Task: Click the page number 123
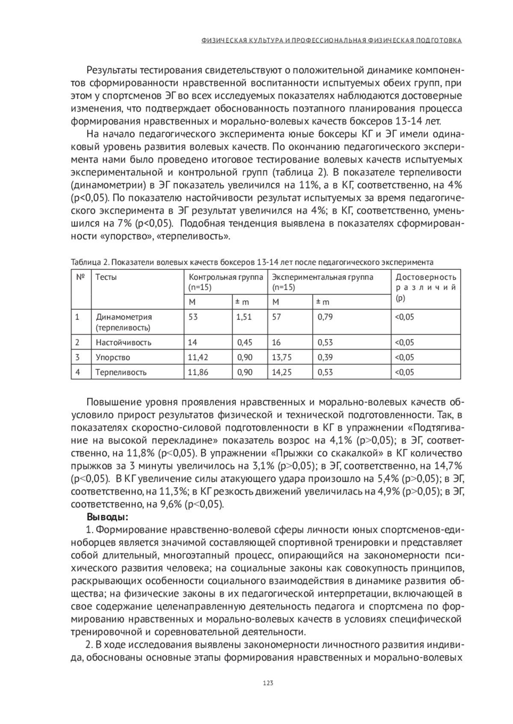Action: click(x=268, y=683)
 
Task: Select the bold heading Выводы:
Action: click(x=107, y=517)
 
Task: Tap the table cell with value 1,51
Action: click(x=245, y=317)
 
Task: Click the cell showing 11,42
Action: click(x=198, y=357)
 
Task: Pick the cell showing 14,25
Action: click(x=282, y=372)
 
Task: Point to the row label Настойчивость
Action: click(x=123, y=342)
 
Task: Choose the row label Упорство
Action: click(x=113, y=357)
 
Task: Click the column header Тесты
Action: click(x=106, y=277)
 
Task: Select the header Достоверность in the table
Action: click(x=426, y=277)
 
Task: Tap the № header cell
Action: click(x=80, y=277)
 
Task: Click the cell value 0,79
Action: click(x=325, y=317)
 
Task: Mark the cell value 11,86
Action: click(x=198, y=372)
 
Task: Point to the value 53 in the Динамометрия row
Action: click(x=193, y=317)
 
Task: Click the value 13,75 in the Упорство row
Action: click(x=282, y=357)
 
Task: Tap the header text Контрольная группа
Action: click(x=226, y=277)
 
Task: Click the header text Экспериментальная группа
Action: click(x=322, y=277)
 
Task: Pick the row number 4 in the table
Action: click(x=77, y=372)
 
